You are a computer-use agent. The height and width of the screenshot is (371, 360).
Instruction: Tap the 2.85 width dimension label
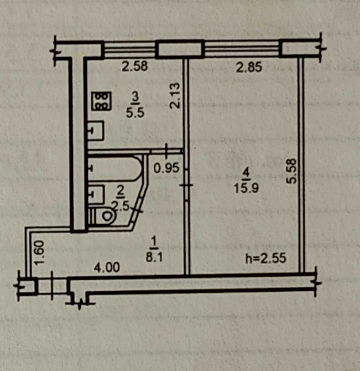(248, 69)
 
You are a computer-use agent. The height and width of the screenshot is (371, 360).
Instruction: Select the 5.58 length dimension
(293, 171)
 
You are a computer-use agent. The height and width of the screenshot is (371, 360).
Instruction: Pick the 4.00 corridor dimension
(106, 267)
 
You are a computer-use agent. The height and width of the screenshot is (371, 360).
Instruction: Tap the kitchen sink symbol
(95, 131)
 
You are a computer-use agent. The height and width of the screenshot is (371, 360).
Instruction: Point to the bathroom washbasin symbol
(96, 194)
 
